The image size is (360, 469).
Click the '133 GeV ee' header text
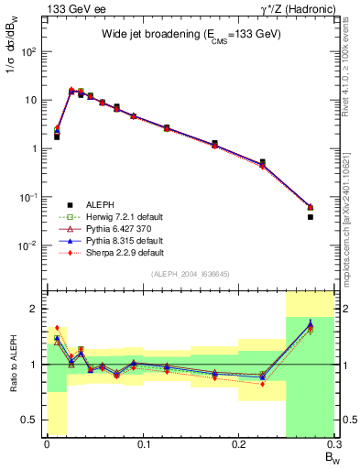coord(70,9)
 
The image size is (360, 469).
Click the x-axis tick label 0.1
coord(143,444)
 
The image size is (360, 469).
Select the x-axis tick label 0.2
coord(239,444)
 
